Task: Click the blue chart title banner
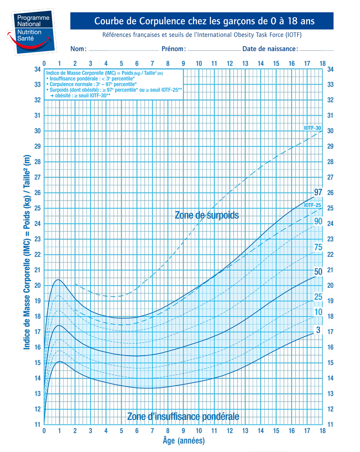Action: (x=201, y=21)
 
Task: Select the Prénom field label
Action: (x=173, y=49)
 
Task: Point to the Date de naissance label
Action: (x=270, y=49)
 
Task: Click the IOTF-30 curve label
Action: (x=312, y=128)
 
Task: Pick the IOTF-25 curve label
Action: (x=312, y=206)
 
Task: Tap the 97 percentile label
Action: (x=318, y=192)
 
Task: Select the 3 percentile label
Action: (x=318, y=330)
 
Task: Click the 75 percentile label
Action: (x=318, y=247)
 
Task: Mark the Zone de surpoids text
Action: (x=207, y=215)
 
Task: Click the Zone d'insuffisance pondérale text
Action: (x=183, y=416)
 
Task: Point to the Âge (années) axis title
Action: (x=184, y=440)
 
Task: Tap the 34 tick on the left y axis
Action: (x=38, y=69)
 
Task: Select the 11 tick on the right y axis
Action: (x=330, y=424)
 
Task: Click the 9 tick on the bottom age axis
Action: (x=183, y=431)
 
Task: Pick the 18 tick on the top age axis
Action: (x=322, y=64)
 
